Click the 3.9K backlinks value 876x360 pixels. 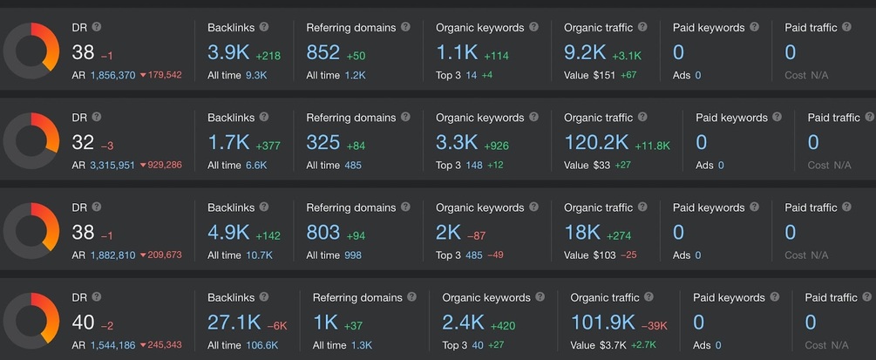[228, 52]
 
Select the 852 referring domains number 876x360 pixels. [323, 52]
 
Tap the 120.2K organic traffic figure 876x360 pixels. [596, 143]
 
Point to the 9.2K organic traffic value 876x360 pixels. [585, 52]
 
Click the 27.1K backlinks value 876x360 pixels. [234, 323]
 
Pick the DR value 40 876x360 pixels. [84, 323]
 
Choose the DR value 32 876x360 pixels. [84, 143]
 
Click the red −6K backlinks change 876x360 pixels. [277, 326]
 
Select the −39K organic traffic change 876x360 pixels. [655, 326]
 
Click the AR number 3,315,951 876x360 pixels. [112, 166]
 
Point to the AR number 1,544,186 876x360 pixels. [112, 345]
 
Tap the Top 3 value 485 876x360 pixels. [474, 255]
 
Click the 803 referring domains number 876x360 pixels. [323, 233]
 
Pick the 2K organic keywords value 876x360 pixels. [448, 233]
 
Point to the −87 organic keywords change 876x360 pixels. [477, 236]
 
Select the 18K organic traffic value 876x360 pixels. [582, 233]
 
